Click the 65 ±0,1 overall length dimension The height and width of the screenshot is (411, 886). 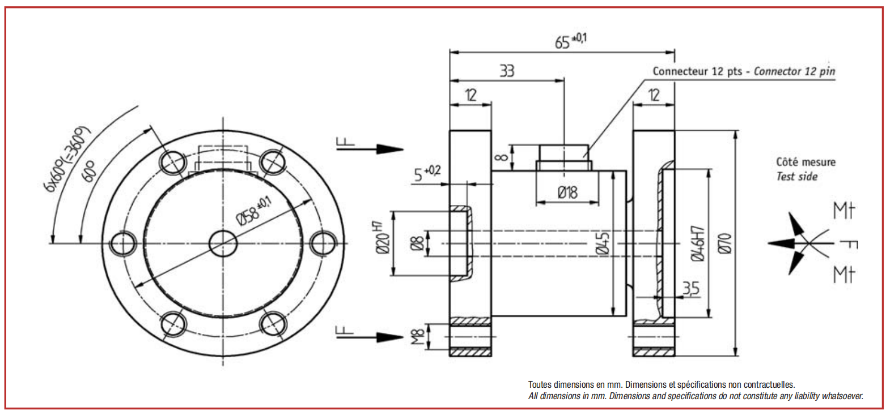tap(571, 41)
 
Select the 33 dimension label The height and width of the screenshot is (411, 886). tap(507, 71)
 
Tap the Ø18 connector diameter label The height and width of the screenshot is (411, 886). tap(567, 193)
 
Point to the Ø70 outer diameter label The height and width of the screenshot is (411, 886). tap(725, 243)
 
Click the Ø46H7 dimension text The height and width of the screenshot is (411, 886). tap(698, 243)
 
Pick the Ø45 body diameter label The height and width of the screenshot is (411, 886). tap(603, 243)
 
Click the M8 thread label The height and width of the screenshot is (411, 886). tap(418, 337)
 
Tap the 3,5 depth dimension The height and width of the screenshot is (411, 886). tap(690, 288)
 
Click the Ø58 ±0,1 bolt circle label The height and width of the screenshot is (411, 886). tap(254, 212)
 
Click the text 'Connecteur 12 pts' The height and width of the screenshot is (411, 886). tap(697, 71)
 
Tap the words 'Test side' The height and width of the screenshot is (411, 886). tap(796, 177)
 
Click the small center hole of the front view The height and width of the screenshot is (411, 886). tap(223, 243)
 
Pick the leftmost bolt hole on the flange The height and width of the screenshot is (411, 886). tap(123, 243)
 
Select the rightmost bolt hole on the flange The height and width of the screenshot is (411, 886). tap(323, 243)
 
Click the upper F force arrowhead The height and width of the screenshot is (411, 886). tap(390, 149)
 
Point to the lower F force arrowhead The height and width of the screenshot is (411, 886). tap(390, 337)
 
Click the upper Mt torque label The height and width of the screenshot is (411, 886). tap(844, 211)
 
